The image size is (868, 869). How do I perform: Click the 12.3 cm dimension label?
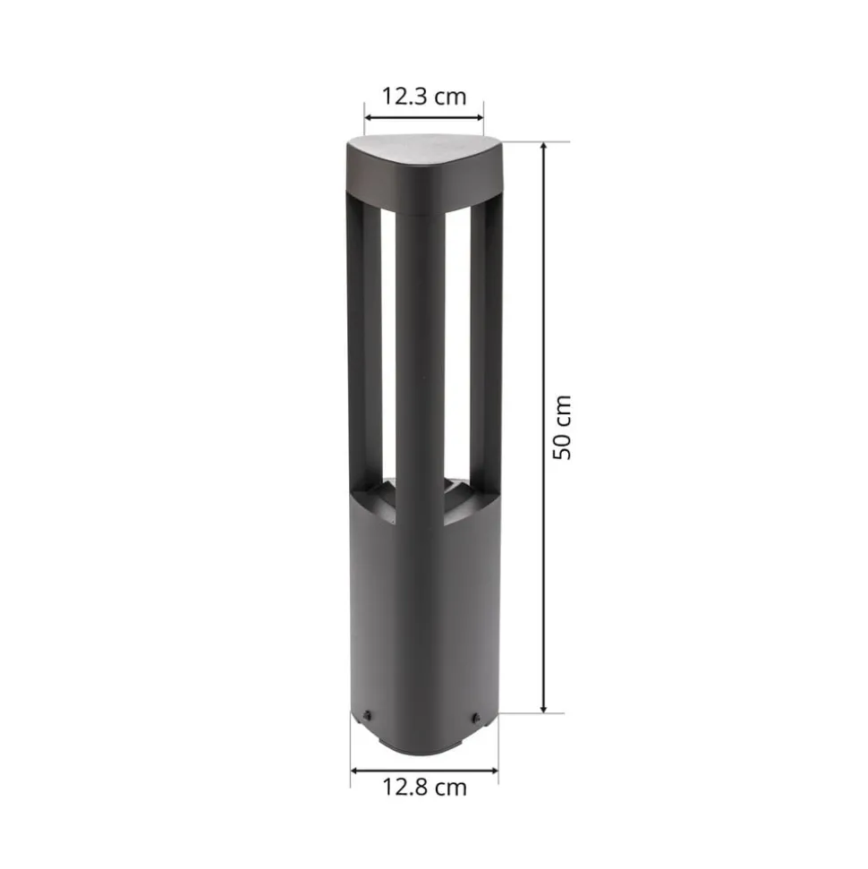coord(424,97)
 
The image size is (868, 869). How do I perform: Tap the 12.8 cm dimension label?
coord(425,788)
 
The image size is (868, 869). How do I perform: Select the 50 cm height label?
coord(561,427)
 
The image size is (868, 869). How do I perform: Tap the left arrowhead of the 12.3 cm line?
coord(369,116)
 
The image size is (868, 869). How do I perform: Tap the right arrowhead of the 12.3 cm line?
coord(479,116)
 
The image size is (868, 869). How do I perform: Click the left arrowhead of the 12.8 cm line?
coord(355,770)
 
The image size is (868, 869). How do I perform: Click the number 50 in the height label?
coord(561,446)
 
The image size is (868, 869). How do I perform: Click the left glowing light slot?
coord(388,349)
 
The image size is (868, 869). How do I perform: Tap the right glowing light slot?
coord(456,349)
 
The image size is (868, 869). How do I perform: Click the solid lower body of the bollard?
coord(421,609)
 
